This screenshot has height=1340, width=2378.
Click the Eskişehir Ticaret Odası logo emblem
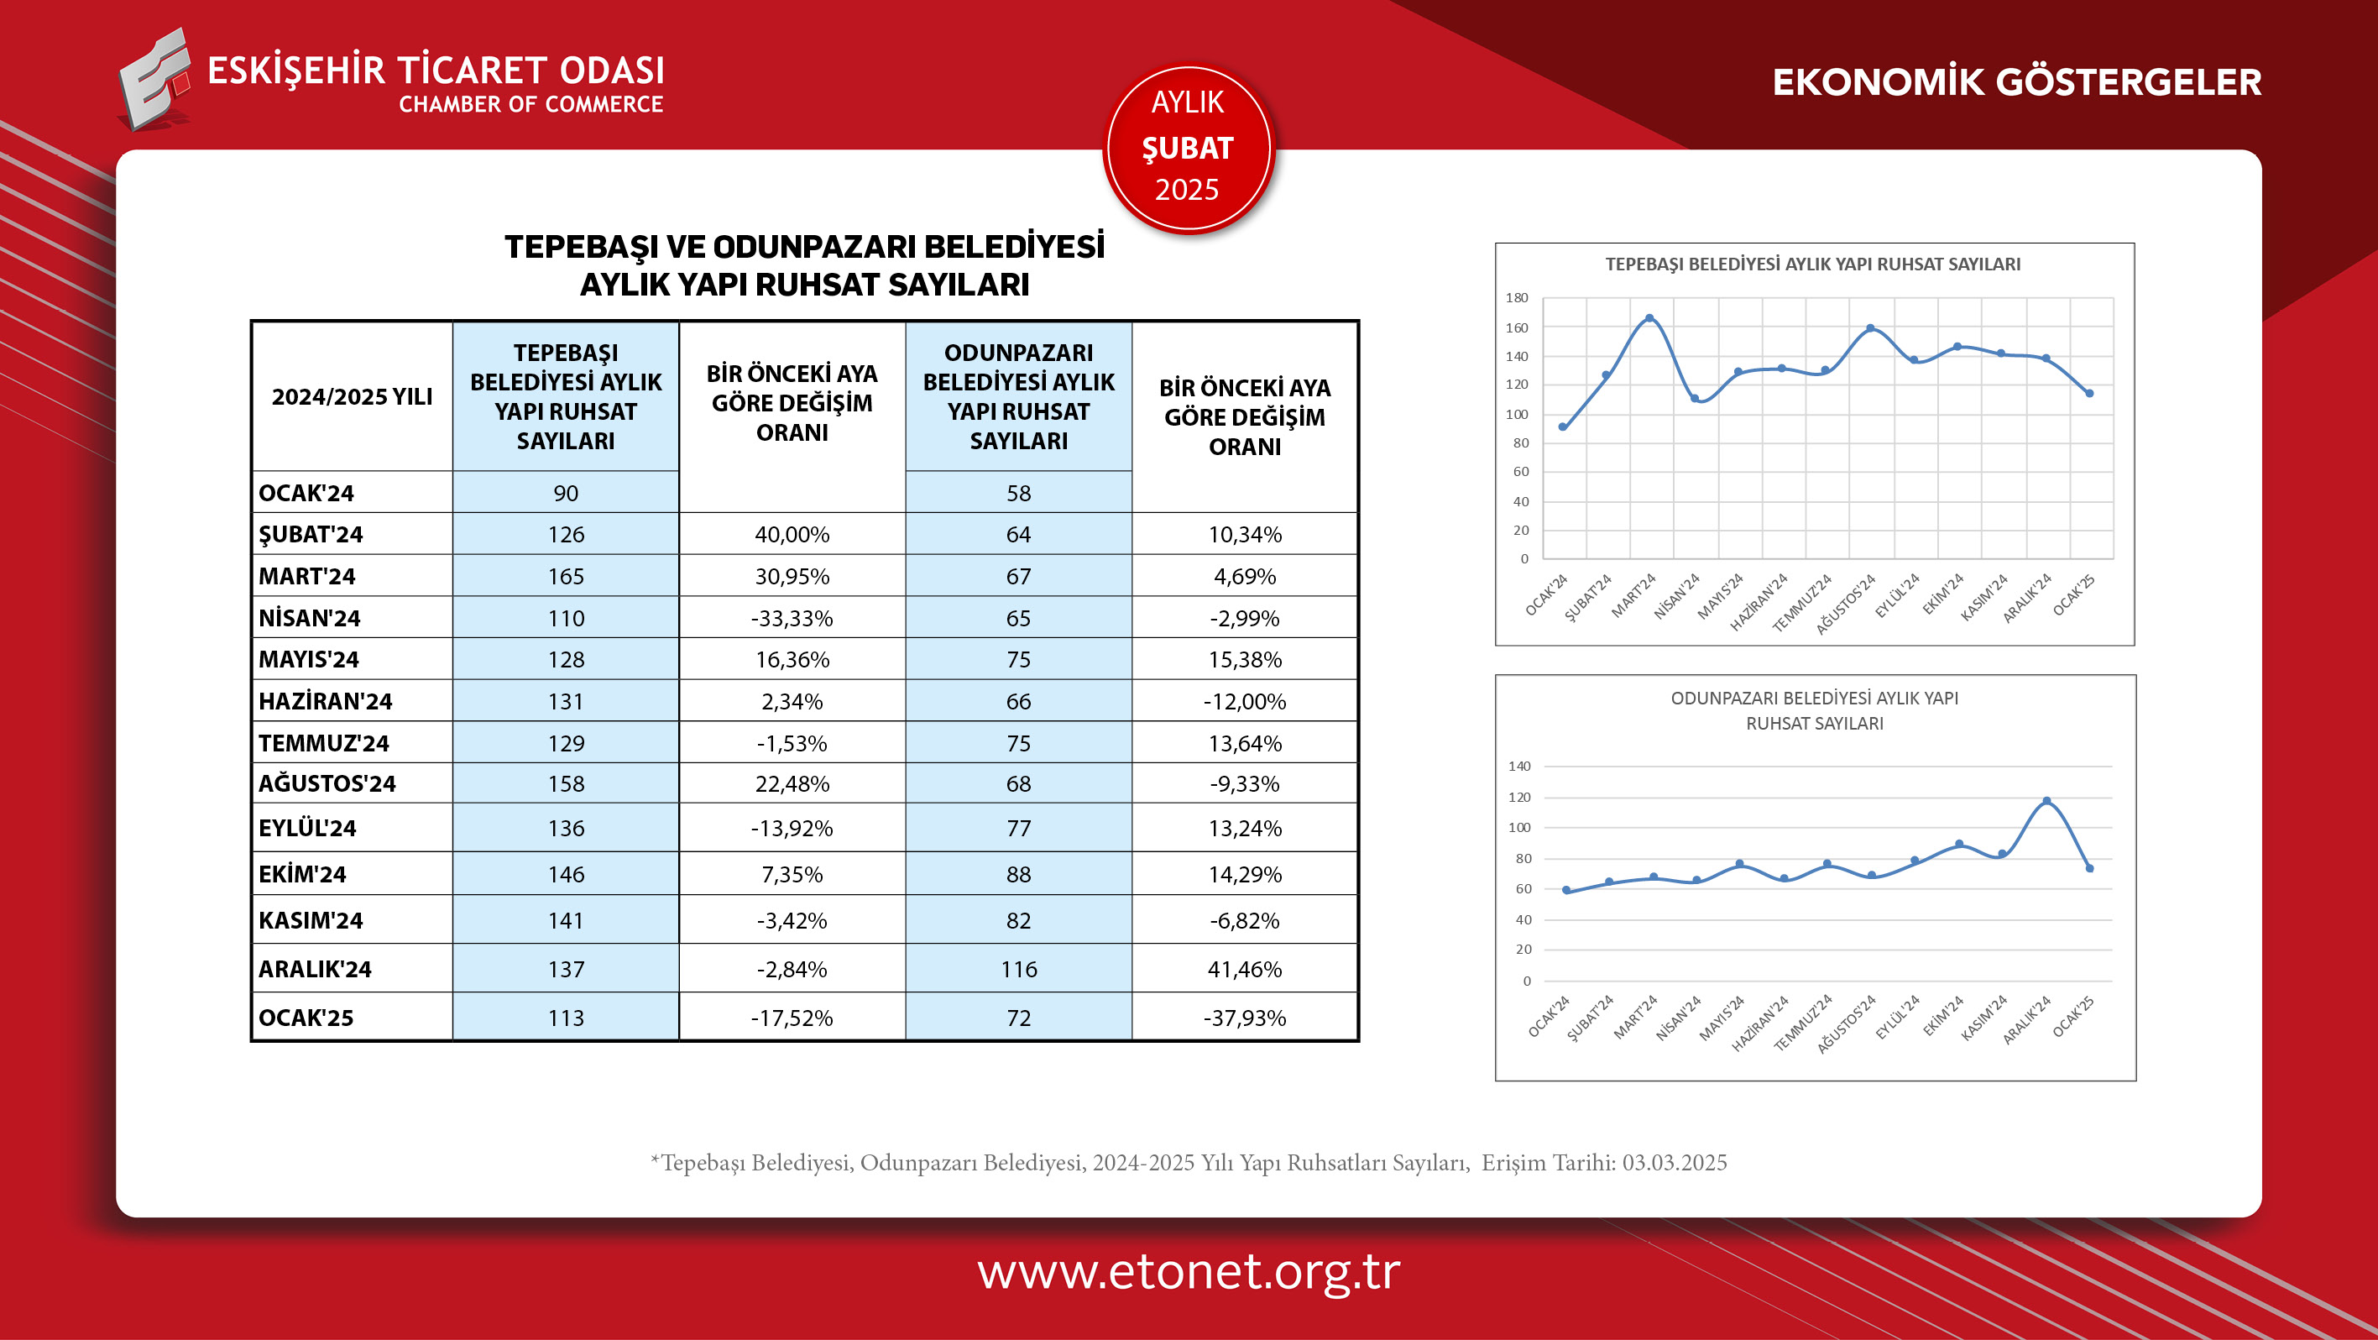click(154, 80)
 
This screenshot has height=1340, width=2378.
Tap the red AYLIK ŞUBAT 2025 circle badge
click(1187, 147)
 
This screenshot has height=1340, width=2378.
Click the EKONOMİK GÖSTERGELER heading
click(2016, 82)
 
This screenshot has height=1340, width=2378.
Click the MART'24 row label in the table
click(306, 576)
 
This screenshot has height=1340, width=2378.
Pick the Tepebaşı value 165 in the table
click(565, 576)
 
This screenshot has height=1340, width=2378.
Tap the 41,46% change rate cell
click(1243, 969)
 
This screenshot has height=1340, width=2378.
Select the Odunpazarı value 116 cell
click(1018, 969)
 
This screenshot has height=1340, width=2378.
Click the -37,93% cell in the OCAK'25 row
click(1243, 1018)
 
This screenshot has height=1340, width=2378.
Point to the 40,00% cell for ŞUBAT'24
click(792, 535)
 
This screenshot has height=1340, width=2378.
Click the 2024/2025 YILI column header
click(352, 397)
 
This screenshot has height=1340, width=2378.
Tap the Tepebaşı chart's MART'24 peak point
click(1649, 318)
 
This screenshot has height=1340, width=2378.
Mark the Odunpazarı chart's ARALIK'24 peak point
click(2046, 801)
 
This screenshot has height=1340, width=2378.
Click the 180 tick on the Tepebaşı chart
click(1517, 297)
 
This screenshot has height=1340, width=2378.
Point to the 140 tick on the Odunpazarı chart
click(1518, 766)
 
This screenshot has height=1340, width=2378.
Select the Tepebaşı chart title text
click(1812, 264)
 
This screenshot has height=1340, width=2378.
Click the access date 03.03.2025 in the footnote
click(1674, 1163)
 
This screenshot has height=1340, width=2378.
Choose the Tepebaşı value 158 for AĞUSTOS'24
click(565, 784)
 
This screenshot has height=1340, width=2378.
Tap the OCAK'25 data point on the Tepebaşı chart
click(2089, 394)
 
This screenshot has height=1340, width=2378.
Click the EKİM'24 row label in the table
click(302, 875)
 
